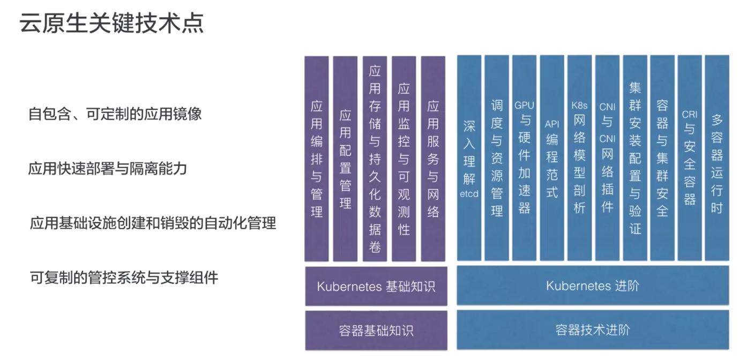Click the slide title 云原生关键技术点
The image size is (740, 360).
[x=111, y=24]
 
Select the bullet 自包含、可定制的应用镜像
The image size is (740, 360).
[x=115, y=114]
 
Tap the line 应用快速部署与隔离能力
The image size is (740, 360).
[x=107, y=169]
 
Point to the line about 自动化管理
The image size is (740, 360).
[x=153, y=223]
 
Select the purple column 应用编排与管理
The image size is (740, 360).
[x=317, y=159]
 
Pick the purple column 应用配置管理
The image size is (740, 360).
[x=346, y=159]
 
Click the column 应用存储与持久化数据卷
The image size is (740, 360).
[x=375, y=159]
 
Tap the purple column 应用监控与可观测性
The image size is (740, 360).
[x=404, y=159]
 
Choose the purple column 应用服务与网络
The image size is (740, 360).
[x=433, y=159]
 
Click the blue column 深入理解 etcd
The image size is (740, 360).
[x=469, y=158]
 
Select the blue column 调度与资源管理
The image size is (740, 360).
[x=497, y=158]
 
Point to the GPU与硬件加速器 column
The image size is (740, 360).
[x=524, y=158]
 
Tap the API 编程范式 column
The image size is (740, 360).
[x=552, y=158]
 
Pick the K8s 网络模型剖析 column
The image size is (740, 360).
[x=579, y=158]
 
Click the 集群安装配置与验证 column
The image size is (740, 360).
[x=635, y=158]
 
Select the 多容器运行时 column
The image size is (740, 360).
[x=717, y=158]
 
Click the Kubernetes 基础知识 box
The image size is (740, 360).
[x=376, y=286]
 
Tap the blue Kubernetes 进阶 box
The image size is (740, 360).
[x=593, y=286]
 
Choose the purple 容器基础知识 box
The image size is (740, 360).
[x=376, y=330]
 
